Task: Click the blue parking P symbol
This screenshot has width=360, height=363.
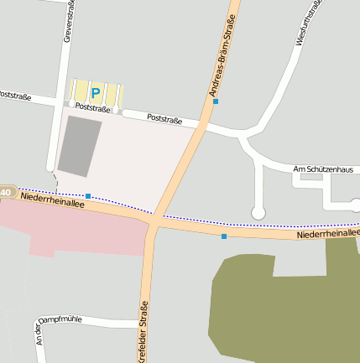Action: point(96,92)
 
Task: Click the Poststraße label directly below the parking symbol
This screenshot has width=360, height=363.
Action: point(92,108)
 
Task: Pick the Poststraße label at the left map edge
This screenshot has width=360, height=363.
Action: point(15,96)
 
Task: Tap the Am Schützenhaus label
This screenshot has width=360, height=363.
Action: point(323,169)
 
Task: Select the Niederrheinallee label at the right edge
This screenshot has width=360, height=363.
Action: point(328,234)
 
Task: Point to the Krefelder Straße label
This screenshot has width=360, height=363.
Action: point(143,330)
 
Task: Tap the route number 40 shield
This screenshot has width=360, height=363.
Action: point(7,193)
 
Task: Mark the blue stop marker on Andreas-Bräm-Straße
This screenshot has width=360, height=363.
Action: point(216,101)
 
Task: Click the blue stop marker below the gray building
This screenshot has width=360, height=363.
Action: point(88,196)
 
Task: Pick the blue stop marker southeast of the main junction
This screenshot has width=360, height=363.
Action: point(224,237)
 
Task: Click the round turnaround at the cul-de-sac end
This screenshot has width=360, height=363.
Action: point(258,213)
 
